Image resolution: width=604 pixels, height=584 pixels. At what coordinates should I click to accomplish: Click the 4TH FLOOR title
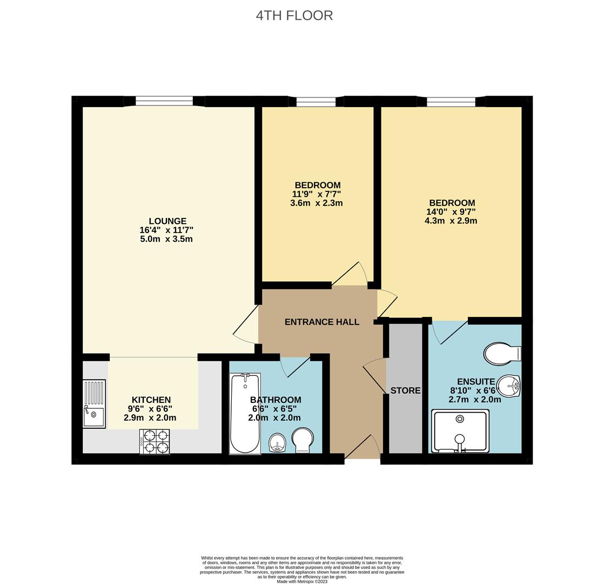[x=294, y=15]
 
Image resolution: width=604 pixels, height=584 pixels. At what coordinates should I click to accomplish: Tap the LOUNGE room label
[x=167, y=221]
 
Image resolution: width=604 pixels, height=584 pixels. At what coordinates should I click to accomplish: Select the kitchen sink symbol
[x=94, y=404]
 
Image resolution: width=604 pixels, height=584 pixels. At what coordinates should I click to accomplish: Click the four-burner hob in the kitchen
[x=155, y=441]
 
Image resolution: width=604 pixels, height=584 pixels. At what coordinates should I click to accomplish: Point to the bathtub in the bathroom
[x=245, y=414]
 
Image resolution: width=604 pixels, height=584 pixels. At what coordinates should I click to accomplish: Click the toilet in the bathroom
[x=302, y=440]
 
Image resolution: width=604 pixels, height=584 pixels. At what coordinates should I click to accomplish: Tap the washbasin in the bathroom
[x=278, y=442]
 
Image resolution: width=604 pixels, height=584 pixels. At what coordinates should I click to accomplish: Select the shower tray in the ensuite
[x=460, y=431]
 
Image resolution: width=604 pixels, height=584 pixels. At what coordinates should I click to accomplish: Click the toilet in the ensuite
[x=502, y=354]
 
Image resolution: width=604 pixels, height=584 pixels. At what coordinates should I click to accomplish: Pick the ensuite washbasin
[x=508, y=386]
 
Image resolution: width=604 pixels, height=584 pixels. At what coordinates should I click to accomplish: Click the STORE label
[x=405, y=390]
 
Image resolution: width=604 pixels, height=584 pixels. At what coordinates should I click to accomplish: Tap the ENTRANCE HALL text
[x=321, y=322]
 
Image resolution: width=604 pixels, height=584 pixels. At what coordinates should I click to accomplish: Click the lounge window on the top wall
[x=164, y=101]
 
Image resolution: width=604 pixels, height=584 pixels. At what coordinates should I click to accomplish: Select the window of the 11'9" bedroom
[x=316, y=101]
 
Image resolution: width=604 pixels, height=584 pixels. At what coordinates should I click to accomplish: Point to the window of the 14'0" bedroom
[x=451, y=101]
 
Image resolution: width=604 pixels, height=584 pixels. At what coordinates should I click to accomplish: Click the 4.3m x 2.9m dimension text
[x=451, y=221]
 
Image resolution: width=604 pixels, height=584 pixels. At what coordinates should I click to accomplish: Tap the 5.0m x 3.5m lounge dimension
[x=166, y=238]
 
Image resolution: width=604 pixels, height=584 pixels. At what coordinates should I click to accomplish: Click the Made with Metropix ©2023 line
[x=302, y=581]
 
